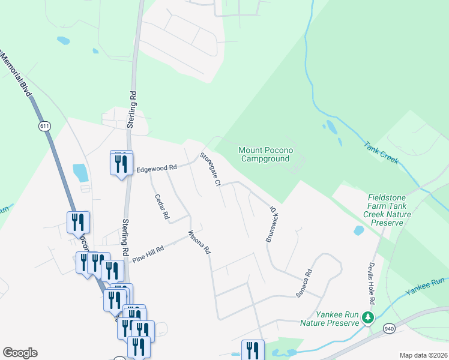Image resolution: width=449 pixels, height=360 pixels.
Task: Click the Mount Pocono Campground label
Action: tap(264, 154)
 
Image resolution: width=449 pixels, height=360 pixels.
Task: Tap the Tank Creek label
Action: tap(381, 152)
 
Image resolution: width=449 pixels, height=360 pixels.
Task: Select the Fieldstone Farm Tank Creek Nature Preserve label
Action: tap(390, 210)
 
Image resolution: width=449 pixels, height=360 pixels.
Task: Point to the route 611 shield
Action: tap(44, 126)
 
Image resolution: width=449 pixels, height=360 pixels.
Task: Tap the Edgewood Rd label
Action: tap(157, 168)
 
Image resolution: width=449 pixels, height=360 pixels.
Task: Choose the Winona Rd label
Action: tap(200, 241)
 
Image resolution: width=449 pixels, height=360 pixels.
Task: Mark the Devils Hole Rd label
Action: tap(372, 283)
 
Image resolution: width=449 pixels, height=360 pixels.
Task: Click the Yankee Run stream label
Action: tap(425, 286)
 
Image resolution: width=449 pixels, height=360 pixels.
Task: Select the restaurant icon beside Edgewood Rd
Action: tap(121, 163)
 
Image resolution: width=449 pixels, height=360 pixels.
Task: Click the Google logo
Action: tap(20, 353)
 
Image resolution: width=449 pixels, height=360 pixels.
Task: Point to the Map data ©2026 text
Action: tap(423, 355)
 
